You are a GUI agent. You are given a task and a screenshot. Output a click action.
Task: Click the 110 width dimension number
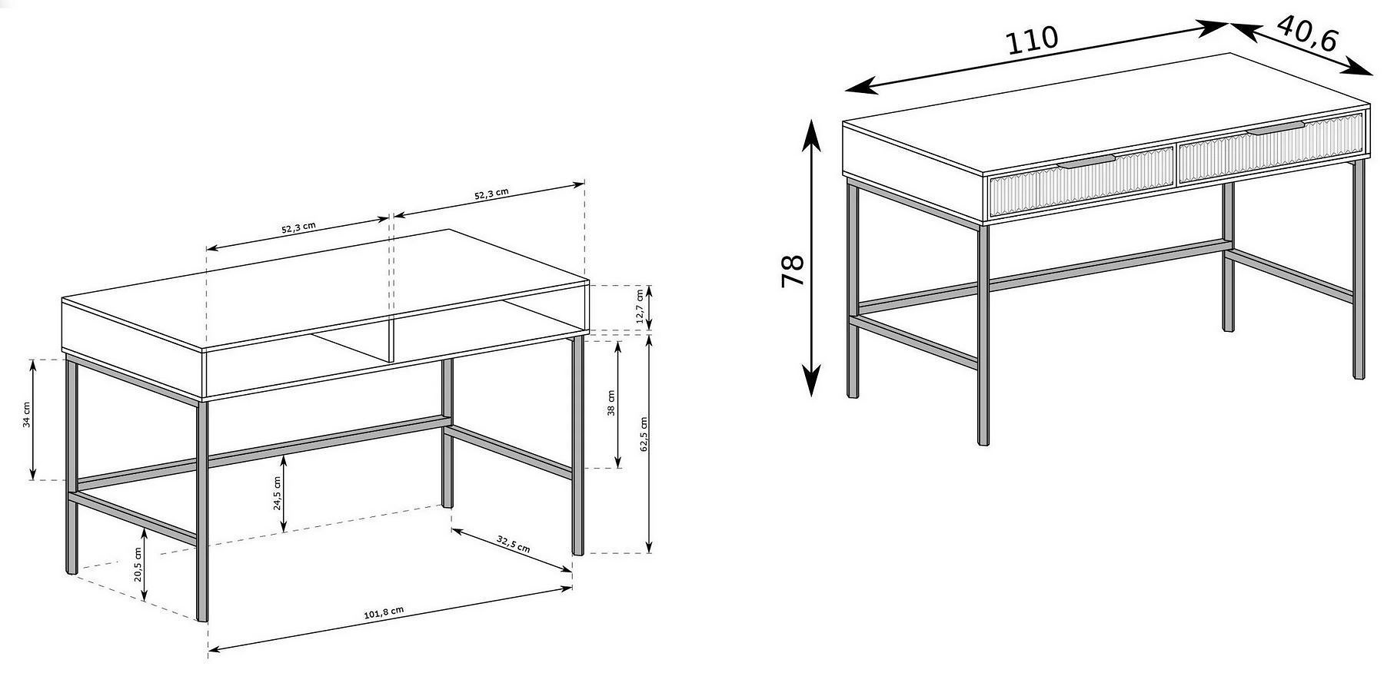tap(1033, 39)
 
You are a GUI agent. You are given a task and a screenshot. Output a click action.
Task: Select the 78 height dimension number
tap(792, 270)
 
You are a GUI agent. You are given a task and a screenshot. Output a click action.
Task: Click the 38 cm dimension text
tap(611, 403)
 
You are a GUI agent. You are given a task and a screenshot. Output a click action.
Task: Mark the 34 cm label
tap(26, 415)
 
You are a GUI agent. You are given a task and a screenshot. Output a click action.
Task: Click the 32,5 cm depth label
tap(514, 544)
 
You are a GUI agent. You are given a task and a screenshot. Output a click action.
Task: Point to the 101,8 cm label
tap(384, 612)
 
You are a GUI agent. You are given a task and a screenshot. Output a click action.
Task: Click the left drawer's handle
tap(1086, 161)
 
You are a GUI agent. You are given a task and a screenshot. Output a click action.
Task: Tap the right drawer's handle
tap(1276, 128)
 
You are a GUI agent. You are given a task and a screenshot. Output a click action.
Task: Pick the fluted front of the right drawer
tap(1271, 149)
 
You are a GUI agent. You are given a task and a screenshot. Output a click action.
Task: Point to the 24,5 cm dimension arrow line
tap(284, 494)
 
